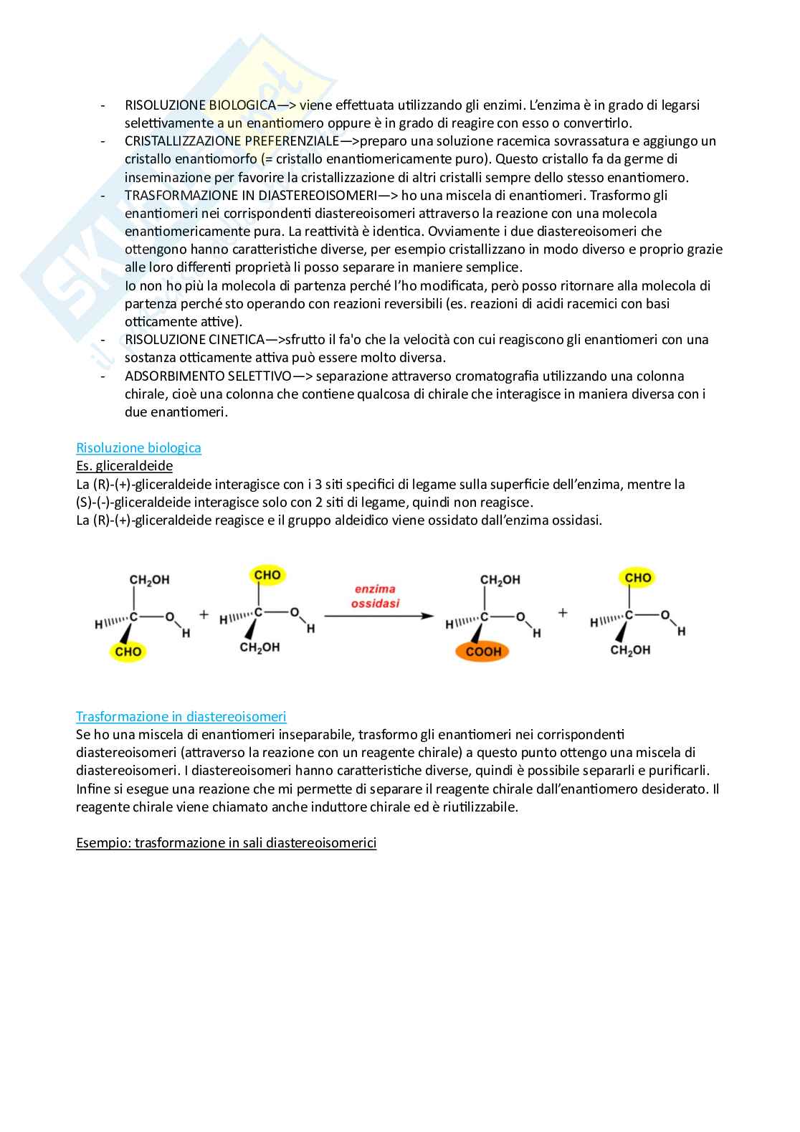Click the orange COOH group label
pyautogui.click(x=483, y=652)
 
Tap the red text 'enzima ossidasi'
pyautogui.click(x=375, y=596)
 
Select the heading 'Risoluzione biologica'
pyautogui.click(x=138, y=448)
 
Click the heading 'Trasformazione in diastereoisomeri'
pyautogui.click(x=181, y=717)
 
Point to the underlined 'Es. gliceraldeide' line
pyautogui.click(x=124, y=466)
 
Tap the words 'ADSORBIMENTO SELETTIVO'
pyautogui.click(x=208, y=376)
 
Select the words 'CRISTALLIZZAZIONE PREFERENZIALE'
pyautogui.click(x=232, y=141)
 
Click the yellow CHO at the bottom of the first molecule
pyautogui.click(x=128, y=652)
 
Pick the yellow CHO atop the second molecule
pyautogui.click(x=267, y=575)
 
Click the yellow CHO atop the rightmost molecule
pyautogui.click(x=637, y=578)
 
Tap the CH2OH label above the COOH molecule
pyautogui.click(x=500, y=580)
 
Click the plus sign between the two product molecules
pyautogui.click(x=563, y=613)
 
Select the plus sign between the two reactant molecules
pyautogui.click(x=204, y=614)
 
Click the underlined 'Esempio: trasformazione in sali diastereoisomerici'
pyautogui.click(x=226, y=843)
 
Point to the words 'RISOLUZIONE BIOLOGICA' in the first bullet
pyautogui.click(x=200, y=105)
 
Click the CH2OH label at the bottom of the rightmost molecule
pyautogui.click(x=630, y=650)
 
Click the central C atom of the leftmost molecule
pyautogui.click(x=133, y=616)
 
